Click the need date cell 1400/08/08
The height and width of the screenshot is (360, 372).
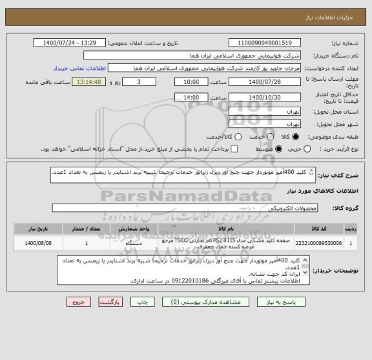pyautogui.click(x=32, y=243)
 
